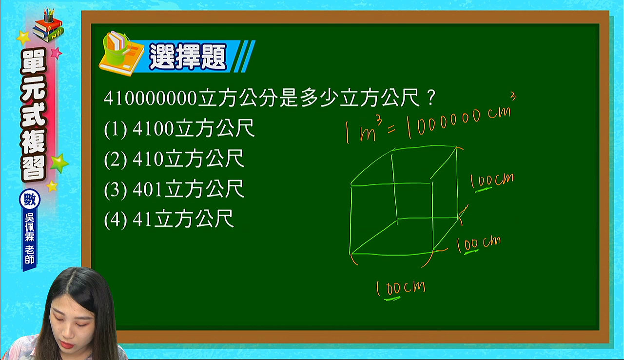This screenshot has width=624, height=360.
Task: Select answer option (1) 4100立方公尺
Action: [x=179, y=128]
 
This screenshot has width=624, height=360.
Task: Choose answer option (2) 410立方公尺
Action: [x=174, y=159]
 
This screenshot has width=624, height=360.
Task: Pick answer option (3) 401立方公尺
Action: [x=174, y=189]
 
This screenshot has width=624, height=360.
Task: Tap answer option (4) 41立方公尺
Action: [x=169, y=219]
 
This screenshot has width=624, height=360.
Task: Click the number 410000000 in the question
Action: [x=151, y=98]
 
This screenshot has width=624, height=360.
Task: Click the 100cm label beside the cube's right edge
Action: [x=492, y=181]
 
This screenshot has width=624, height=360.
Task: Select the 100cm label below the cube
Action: [x=401, y=289]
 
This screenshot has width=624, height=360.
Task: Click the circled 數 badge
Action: [x=30, y=200]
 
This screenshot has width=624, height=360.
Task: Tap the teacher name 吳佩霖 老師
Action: [x=30, y=239]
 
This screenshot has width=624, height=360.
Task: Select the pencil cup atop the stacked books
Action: [x=48, y=15]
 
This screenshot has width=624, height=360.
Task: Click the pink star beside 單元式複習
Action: [x=56, y=53]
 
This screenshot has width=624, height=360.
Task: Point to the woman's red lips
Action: [x=67, y=345]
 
